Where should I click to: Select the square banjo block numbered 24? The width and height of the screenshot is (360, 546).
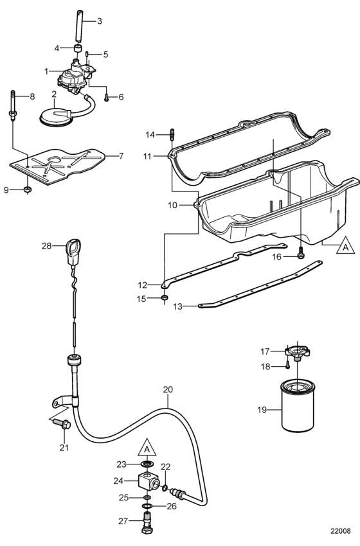tap(148, 480)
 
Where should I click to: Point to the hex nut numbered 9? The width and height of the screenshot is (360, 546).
tap(28, 189)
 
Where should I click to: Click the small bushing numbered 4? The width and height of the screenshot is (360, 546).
tap(79, 48)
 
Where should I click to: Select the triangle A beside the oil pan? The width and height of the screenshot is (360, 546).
tap(346, 245)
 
